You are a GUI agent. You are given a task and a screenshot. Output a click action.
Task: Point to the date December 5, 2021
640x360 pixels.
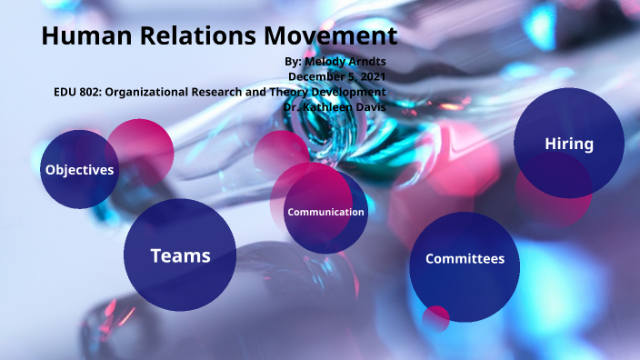337,76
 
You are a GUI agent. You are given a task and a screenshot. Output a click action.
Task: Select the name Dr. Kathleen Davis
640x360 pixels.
335,106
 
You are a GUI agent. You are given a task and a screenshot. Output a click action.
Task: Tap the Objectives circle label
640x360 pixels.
80,170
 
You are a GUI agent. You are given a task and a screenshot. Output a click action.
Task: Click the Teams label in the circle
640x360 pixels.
180,256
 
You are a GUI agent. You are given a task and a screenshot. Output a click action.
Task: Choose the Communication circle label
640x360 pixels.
325,212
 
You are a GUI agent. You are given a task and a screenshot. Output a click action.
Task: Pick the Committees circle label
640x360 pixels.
465,259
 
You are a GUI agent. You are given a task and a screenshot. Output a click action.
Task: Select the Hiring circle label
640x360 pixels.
569,144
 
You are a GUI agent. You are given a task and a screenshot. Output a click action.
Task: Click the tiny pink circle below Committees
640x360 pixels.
436,318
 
